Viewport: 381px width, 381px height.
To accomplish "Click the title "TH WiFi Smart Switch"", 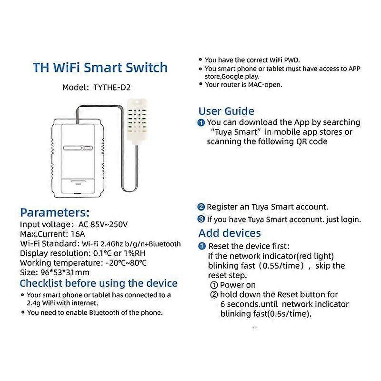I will tap(100, 67).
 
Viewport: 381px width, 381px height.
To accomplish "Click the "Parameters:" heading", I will tap(55, 212).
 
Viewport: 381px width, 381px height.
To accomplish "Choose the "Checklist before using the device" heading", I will tap(99, 283).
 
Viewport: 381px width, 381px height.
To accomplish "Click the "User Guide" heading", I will tap(226, 111).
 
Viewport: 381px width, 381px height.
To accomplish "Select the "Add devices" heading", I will tap(230, 233).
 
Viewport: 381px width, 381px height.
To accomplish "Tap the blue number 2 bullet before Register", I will tap(201, 207).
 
